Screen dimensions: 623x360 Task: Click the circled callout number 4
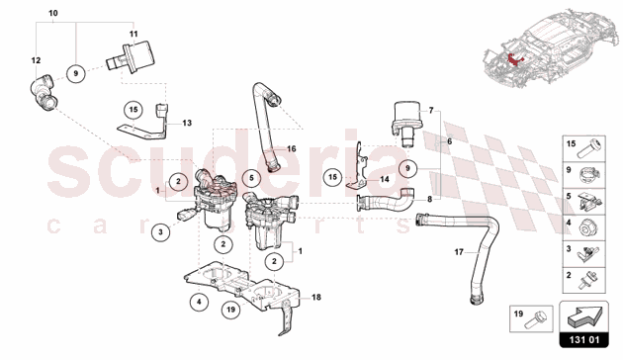(199, 303)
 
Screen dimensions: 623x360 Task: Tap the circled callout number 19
(231, 310)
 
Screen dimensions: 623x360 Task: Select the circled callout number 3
(160, 232)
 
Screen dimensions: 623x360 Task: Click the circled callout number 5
(251, 178)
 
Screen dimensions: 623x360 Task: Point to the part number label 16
(292, 149)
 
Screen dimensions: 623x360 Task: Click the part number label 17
(459, 252)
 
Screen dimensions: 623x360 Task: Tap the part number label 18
(316, 298)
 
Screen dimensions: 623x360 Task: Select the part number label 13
(187, 123)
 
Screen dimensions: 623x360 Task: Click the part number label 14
(385, 179)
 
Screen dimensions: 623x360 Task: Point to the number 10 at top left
(52, 13)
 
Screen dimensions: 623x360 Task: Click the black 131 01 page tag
(583, 340)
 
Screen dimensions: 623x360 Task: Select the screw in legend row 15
(590, 148)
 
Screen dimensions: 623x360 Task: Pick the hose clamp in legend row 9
(589, 174)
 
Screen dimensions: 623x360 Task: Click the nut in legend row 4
(587, 227)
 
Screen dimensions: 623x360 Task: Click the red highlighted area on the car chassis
(515, 58)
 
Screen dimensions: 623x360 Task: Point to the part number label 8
(429, 199)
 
